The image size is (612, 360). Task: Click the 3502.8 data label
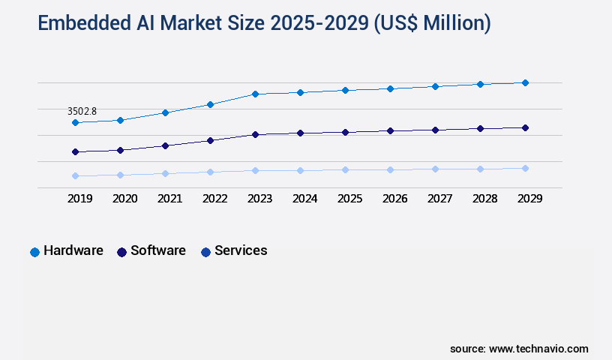pyautogui.click(x=82, y=111)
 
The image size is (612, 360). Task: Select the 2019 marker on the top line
pyautogui.click(x=75, y=122)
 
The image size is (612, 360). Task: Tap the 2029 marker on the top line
pyautogui.click(x=525, y=82)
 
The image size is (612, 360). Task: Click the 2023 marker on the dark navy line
pyautogui.click(x=255, y=134)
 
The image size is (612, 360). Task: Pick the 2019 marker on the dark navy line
pyautogui.click(x=75, y=151)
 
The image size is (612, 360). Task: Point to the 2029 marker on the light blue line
pyautogui.click(x=525, y=168)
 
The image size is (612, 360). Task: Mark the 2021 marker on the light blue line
pyautogui.click(x=165, y=173)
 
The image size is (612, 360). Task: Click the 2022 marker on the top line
pyautogui.click(x=210, y=104)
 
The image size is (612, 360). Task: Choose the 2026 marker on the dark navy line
pyautogui.click(x=390, y=130)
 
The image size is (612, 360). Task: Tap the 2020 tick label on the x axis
pyautogui.click(x=124, y=199)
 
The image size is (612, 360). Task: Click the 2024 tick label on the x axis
pyautogui.click(x=304, y=199)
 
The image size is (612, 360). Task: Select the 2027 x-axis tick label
pyautogui.click(x=439, y=199)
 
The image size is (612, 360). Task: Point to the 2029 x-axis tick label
pyautogui.click(x=529, y=199)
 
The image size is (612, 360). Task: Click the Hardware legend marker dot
pyautogui.click(x=34, y=252)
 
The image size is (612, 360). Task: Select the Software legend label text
pyautogui.click(x=157, y=250)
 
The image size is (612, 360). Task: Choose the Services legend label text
pyautogui.click(x=241, y=250)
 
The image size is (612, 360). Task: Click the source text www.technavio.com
pyautogui.click(x=538, y=349)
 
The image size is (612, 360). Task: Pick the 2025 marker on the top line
pyautogui.click(x=345, y=90)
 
